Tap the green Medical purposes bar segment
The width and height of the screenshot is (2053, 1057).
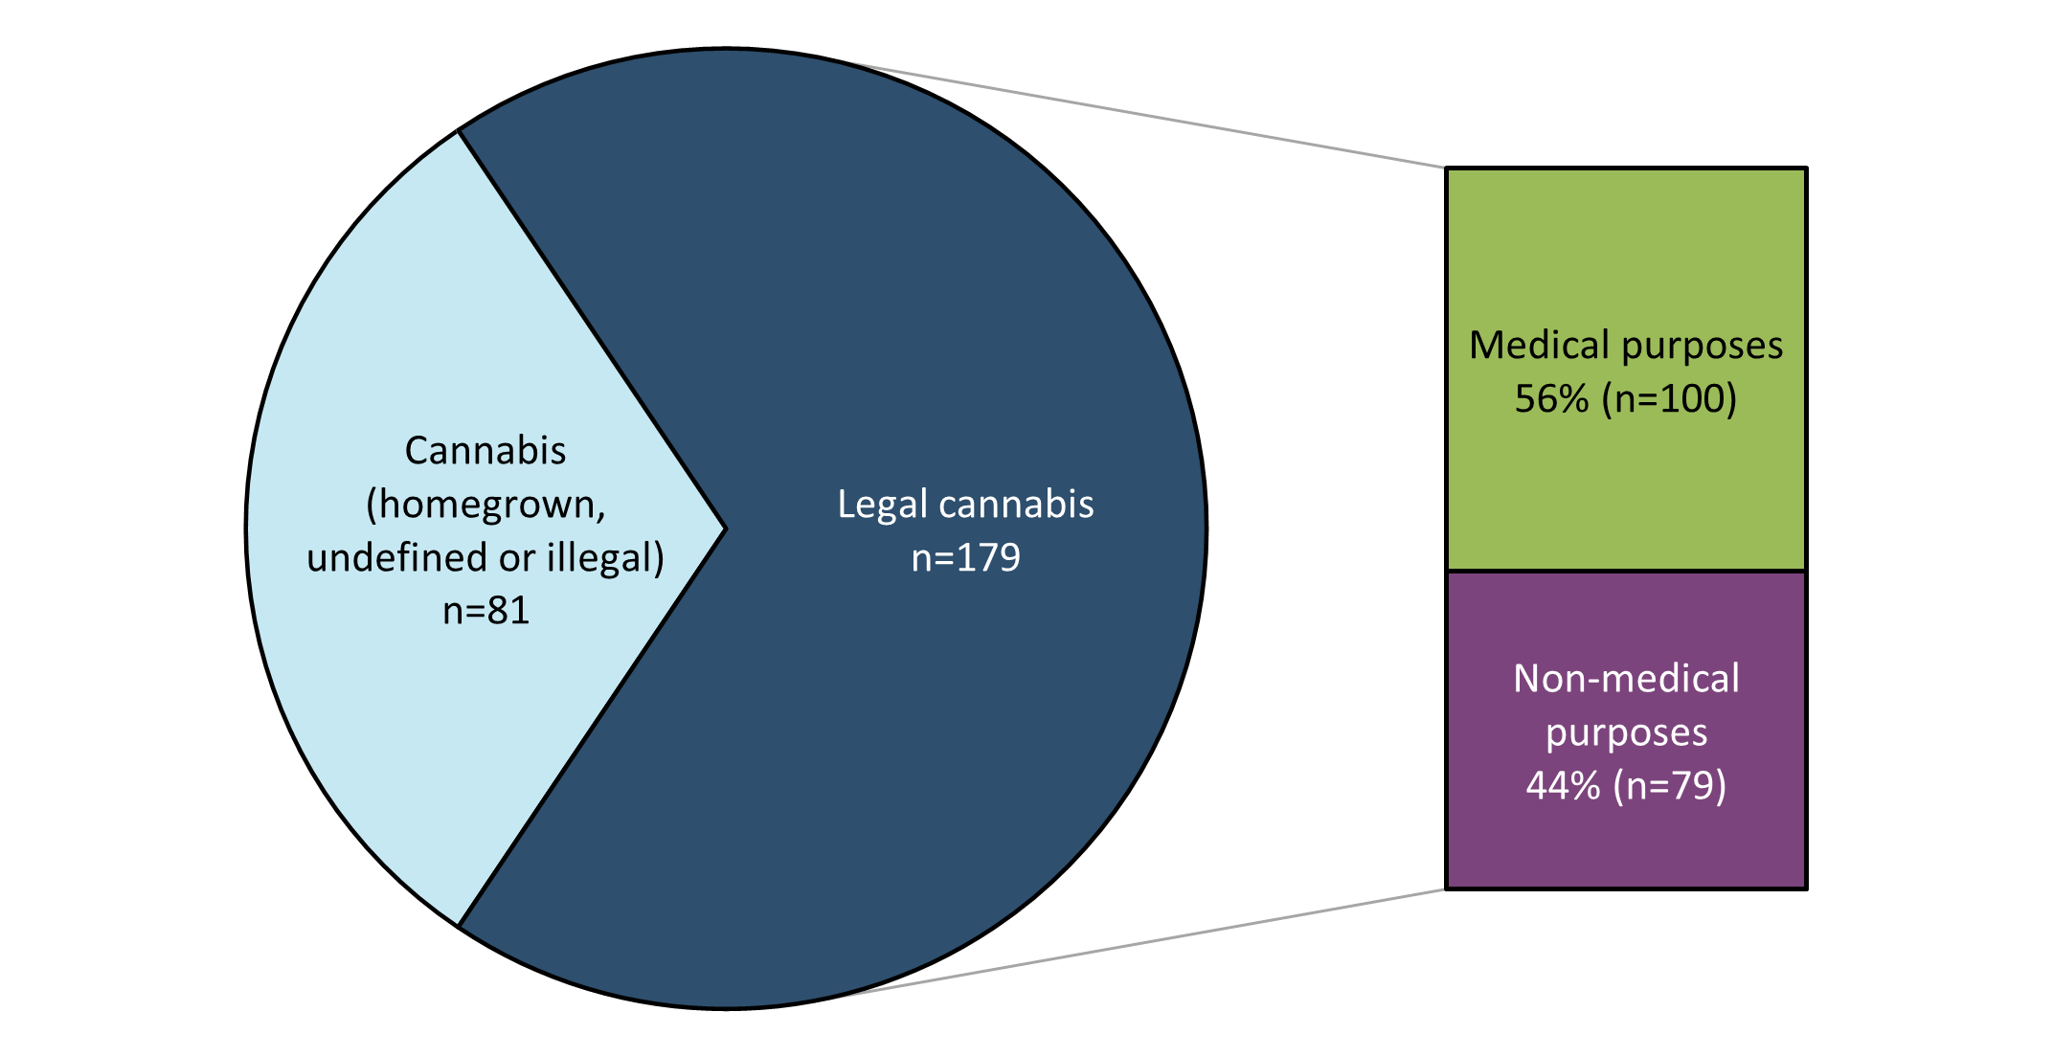pyautogui.click(x=1625, y=249)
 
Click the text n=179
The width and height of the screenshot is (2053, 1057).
pyautogui.click(x=965, y=557)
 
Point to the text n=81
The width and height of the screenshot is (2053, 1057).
pyautogui.click(x=485, y=611)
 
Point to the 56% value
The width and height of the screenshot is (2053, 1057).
pyautogui.click(x=1551, y=398)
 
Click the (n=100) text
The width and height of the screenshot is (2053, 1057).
pyautogui.click(x=1669, y=398)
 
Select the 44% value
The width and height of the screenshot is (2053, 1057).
pyautogui.click(x=1563, y=785)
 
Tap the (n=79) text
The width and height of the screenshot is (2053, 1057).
pyautogui.click(x=1670, y=785)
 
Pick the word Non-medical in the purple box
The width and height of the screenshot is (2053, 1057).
pyautogui.click(x=1626, y=679)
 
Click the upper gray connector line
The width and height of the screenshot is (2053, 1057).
pyautogui.click(x=1149, y=117)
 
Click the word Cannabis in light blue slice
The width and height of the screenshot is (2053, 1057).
pyautogui.click(x=485, y=451)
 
